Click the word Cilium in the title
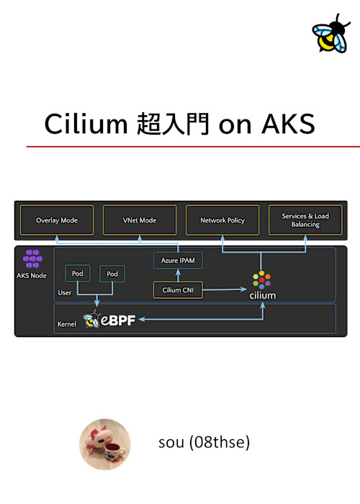86,124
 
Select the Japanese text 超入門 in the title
173,124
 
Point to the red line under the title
193,146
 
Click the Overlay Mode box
57,220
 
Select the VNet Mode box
140,220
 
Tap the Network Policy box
222,220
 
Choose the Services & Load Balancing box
305,220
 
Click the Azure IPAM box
179,260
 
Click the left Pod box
78,274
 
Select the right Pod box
112,274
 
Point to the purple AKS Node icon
32,259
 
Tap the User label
65,294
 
